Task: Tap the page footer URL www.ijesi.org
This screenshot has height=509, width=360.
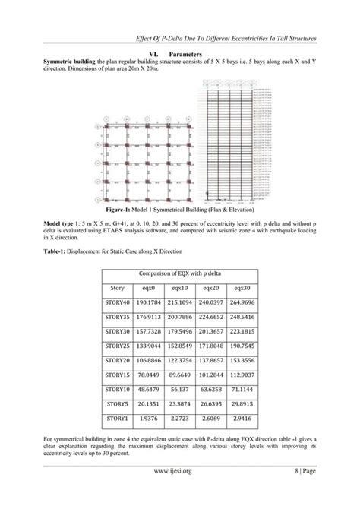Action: pos(180,479)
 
